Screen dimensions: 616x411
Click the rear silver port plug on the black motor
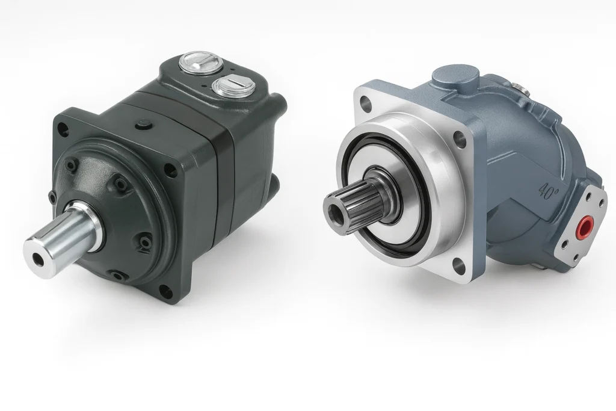click(198, 62)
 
